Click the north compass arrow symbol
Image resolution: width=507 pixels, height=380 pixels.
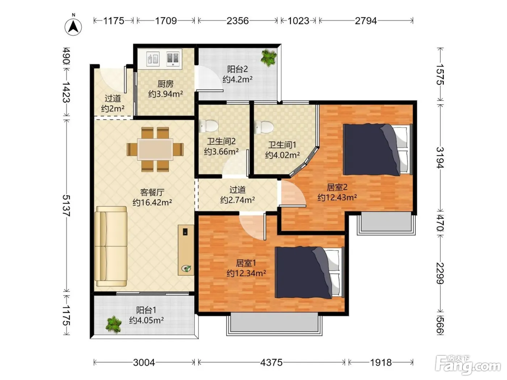tap(73, 26)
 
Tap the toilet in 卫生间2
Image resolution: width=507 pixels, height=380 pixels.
tap(208, 126)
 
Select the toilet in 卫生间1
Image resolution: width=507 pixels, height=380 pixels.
tap(264, 127)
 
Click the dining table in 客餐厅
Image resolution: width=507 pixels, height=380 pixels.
tap(155, 149)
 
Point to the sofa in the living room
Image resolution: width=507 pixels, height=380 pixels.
tap(111, 246)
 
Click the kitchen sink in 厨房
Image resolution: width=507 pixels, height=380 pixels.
tap(153, 59)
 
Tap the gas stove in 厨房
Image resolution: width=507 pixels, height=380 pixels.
tap(173, 59)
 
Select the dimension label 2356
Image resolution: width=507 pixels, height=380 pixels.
tap(238, 21)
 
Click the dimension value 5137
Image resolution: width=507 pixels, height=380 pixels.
tap(66, 206)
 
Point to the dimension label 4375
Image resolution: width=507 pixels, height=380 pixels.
tap(271, 363)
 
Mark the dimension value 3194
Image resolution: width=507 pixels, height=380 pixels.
tap(440, 158)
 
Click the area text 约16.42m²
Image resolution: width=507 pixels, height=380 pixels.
tap(152, 202)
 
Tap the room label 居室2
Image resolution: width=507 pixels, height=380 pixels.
tap(337, 187)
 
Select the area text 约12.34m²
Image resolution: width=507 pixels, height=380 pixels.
tap(246, 273)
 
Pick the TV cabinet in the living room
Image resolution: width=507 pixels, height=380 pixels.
tap(186, 250)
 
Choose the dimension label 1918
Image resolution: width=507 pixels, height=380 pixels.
tap(381, 363)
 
